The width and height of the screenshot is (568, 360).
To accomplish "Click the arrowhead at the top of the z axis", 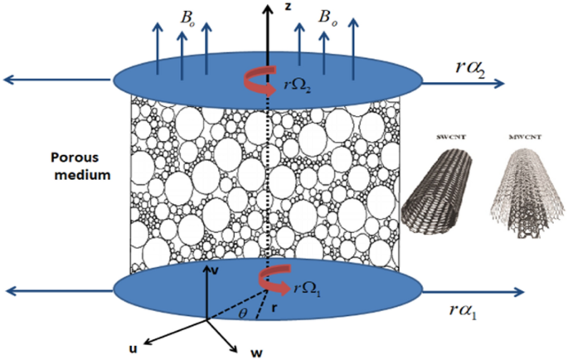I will pos(268,7).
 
